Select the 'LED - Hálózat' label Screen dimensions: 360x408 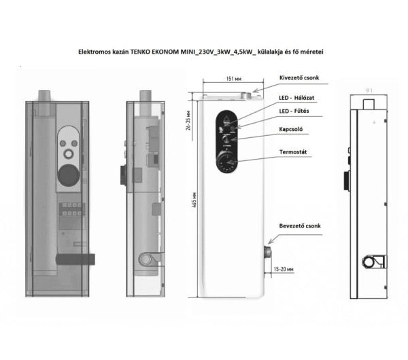(301, 99)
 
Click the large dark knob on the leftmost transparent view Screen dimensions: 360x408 (68, 174)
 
